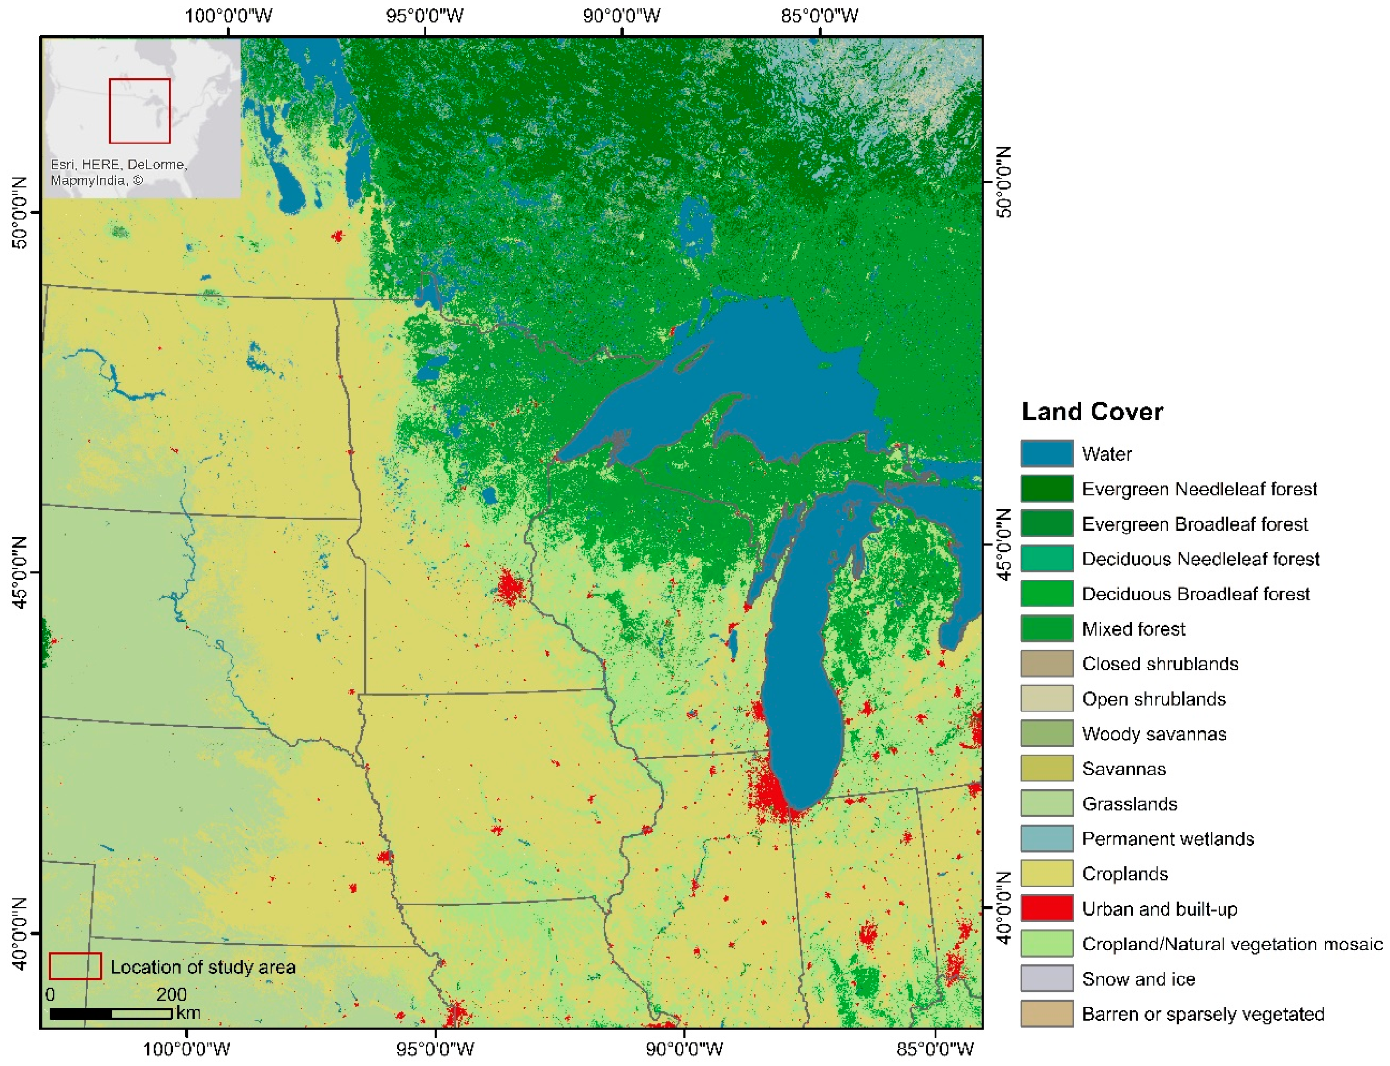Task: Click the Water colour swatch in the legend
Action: click(x=1046, y=453)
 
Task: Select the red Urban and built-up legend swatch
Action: click(x=1046, y=908)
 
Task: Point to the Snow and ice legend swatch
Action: click(x=1046, y=978)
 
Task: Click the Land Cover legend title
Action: click(x=1092, y=412)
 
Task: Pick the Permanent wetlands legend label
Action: click(x=1167, y=839)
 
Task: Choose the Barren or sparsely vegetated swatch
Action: click(x=1046, y=1013)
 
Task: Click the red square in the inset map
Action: click(x=140, y=111)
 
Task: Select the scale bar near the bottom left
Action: click(x=111, y=1014)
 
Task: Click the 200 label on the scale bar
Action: click(x=171, y=994)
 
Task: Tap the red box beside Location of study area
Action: click(x=75, y=966)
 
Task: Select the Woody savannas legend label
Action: click(x=1154, y=734)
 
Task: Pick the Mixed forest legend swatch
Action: click(x=1046, y=628)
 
